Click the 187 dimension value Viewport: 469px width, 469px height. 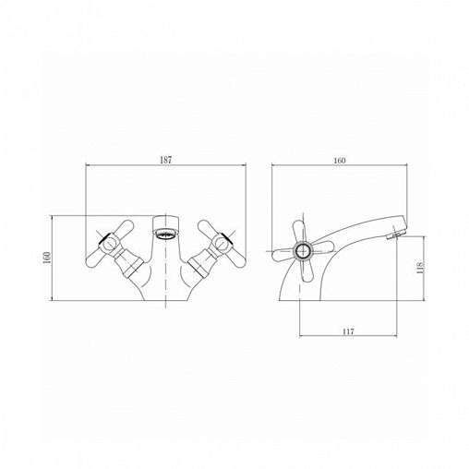(x=166, y=160)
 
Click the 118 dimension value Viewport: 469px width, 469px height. (x=420, y=268)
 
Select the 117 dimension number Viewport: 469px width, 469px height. (x=348, y=331)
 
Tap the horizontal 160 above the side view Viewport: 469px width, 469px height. (x=340, y=161)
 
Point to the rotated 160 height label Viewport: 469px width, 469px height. (x=47, y=258)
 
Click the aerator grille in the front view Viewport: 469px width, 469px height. (x=165, y=234)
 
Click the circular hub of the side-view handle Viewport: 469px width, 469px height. (x=303, y=251)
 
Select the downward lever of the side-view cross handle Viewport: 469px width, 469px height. (x=307, y=271)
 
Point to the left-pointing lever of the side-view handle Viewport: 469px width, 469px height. (x=283, y=255)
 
